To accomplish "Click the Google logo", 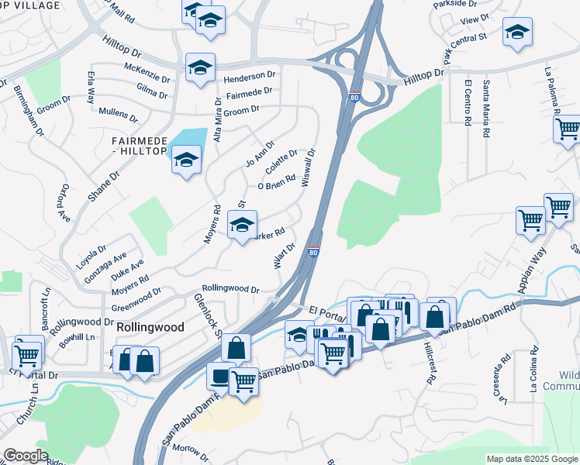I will point(25,456).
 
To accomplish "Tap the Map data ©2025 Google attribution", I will point(532,459).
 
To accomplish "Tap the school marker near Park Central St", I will point(517,33).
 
